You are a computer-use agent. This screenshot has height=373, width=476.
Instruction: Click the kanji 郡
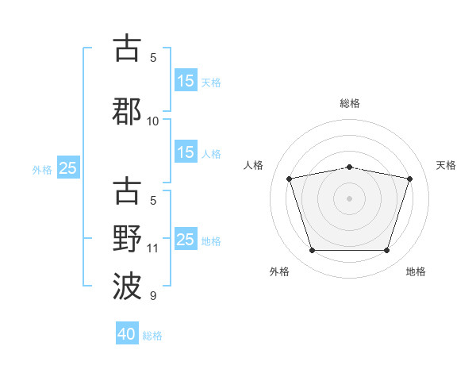[127, 111]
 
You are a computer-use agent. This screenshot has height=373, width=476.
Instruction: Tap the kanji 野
[127, 239]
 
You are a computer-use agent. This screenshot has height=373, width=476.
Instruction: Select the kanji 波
[127, 286]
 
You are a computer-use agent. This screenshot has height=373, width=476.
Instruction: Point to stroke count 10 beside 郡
[152, 121]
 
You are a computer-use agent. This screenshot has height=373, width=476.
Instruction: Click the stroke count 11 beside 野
[152, 248]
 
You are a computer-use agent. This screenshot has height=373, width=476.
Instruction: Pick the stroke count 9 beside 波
[153, 295]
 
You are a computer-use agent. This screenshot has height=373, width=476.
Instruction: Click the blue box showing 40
[127, 333]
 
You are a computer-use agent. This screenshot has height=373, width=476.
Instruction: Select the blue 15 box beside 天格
[186, 80]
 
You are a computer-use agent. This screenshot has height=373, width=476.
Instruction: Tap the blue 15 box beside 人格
[186, 152]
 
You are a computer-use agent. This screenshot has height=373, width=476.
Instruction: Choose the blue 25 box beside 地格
[186, 238]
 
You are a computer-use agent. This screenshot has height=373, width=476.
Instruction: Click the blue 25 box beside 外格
[68, 167]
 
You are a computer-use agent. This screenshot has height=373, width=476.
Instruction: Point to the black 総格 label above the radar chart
[350, 103]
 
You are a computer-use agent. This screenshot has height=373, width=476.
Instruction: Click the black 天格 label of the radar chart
[446, 165]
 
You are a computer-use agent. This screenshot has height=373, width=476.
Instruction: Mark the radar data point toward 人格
[290, 179]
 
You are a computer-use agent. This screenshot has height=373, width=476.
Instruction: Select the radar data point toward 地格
[387, 251]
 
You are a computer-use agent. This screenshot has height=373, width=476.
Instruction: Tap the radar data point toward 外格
[313, 251]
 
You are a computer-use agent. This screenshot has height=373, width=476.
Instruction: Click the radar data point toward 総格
[350, 167]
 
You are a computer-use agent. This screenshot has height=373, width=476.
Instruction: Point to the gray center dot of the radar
[349, 198]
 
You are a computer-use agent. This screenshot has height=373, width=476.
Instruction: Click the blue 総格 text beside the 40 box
[152, 336]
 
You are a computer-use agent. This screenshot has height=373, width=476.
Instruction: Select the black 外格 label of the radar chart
[279, 271]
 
